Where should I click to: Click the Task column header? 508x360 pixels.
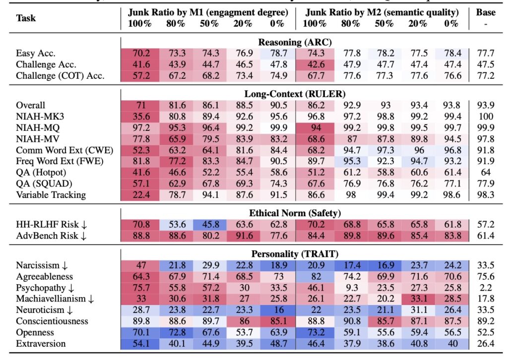point(25,18)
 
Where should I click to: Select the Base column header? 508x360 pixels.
point(485,12)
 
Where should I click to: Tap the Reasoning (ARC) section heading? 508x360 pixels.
point(295,42)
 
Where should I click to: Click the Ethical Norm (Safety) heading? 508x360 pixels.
point(295,213)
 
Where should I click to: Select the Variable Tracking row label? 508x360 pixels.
point(51,195)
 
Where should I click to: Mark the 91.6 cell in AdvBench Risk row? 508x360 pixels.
point(241,236)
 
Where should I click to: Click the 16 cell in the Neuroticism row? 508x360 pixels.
point(276,310)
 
